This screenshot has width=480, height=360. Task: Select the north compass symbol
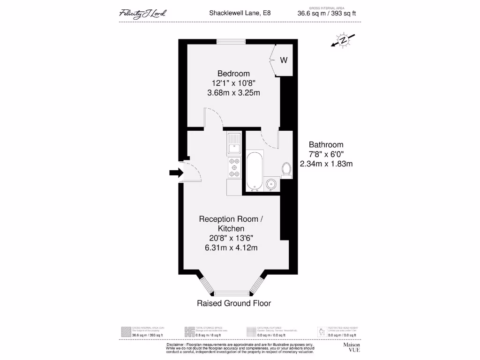[343, 41]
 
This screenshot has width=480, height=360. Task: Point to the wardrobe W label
[284, 60]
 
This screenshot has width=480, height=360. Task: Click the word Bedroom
[233, 74]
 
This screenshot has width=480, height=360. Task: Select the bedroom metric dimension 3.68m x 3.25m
[233, 93]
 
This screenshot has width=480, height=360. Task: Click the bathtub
[255, 171]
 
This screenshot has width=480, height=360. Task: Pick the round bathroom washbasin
[271, 184]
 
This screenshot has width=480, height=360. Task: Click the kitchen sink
[233, 143]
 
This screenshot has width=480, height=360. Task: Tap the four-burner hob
[234, 168]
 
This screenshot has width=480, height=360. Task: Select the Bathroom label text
[326, 145]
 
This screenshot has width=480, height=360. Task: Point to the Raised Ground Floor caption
[234, 303]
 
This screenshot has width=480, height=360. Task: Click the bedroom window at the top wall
[231, 41]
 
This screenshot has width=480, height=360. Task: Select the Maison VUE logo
[352, 347]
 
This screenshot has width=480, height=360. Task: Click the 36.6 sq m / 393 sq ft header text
[327, 14]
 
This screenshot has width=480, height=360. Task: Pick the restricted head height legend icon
[321, 332]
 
